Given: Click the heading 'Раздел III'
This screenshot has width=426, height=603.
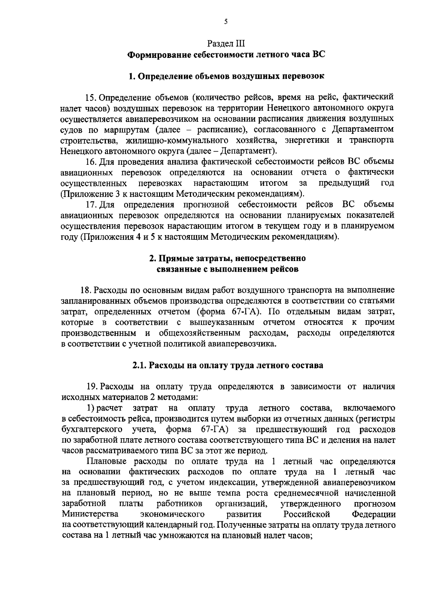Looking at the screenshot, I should [x=226, y=44].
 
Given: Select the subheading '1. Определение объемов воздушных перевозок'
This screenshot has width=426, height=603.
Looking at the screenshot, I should [x=226, y=76].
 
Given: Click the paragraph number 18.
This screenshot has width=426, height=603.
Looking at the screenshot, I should [x=86, y=290].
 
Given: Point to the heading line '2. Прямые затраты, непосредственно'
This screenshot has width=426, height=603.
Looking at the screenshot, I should [x=227, y=259].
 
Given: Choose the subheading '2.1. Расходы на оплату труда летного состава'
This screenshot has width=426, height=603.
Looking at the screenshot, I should [x=228, y=365].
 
